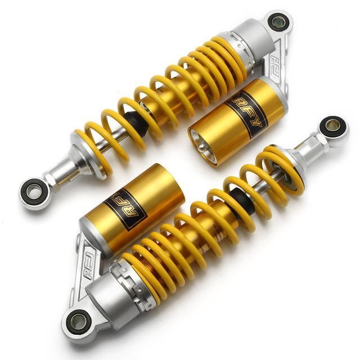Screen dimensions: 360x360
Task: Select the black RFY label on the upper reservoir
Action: click(x=247, y=114)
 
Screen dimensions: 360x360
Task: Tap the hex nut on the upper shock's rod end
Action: click(x=51, y=181)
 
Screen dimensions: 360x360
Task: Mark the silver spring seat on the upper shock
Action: click(x=85, y=156)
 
